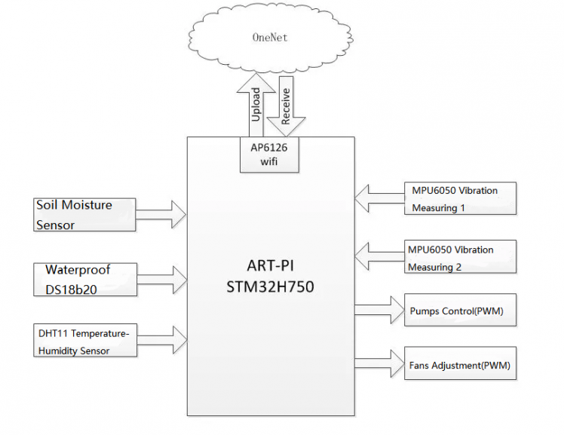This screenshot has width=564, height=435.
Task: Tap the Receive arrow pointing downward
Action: pos(286,106)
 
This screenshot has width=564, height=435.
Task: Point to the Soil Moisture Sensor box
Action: pos(85,214)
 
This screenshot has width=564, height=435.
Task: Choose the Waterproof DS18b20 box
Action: pos(85,279)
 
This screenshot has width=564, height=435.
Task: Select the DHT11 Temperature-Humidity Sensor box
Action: pos(85,340)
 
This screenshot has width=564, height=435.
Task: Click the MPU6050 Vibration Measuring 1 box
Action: pos(460,198)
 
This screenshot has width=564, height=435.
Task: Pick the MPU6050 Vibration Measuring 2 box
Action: pos(460,257)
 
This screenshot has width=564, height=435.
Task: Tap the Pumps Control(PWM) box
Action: pos(460,311)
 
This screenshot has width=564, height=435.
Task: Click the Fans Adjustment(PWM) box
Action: pos(460,366)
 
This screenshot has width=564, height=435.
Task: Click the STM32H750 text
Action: pos(271,287)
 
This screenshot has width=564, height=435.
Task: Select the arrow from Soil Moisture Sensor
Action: pos(161,214)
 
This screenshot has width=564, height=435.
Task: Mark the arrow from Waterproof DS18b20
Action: pos(161,279)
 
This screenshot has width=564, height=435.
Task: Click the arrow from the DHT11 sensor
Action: pos(161,340)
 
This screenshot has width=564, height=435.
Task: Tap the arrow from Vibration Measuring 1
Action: pos(379,198)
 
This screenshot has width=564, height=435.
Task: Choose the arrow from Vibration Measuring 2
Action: pos(379,257)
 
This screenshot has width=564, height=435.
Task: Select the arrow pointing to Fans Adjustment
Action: pos(379,363)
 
